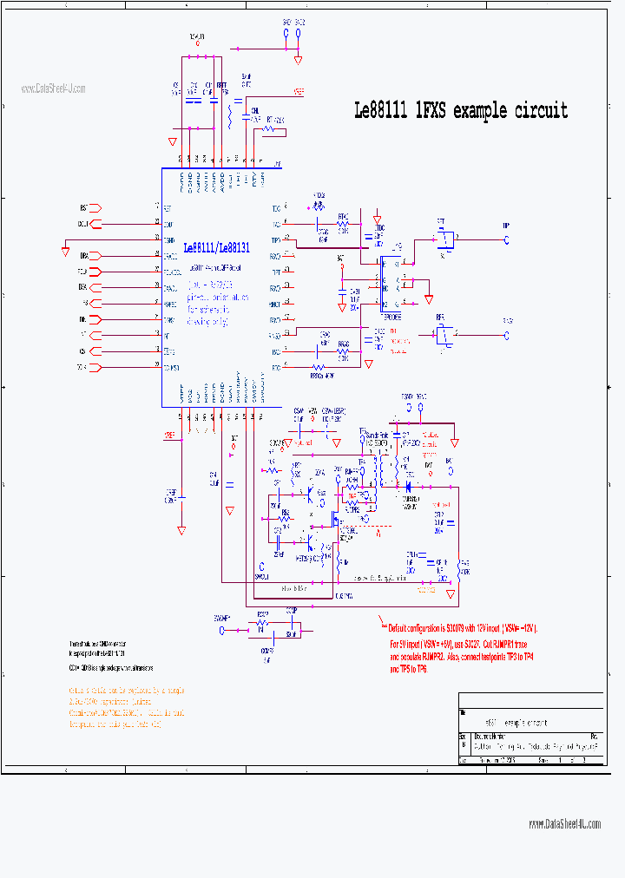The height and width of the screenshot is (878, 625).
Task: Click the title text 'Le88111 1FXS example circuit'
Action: pyautogui.click(x=460, y=111)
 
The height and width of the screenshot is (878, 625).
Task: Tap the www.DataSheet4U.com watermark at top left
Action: pyautogui.click(x=54, y=88)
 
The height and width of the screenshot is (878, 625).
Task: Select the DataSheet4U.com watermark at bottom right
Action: pyautogui.click(x=564, y=823)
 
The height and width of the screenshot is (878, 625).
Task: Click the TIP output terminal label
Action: pyautogui.click(x=506, y=226)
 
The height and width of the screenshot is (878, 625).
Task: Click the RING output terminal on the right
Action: pyautogui.click(x=507, y=333)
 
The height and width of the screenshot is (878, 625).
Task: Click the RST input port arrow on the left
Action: pyautogui.click(x=95, y=208)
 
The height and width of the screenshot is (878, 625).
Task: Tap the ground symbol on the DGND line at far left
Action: pyautogui.click(x=65, y=252)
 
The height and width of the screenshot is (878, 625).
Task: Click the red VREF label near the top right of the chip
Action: pyautogui.click(x=298, y=90)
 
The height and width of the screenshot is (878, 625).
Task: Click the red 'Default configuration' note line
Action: pyautogui.click(x=462, y=628)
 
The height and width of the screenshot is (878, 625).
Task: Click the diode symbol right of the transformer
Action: pyautogui.click(x=408, y=488)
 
